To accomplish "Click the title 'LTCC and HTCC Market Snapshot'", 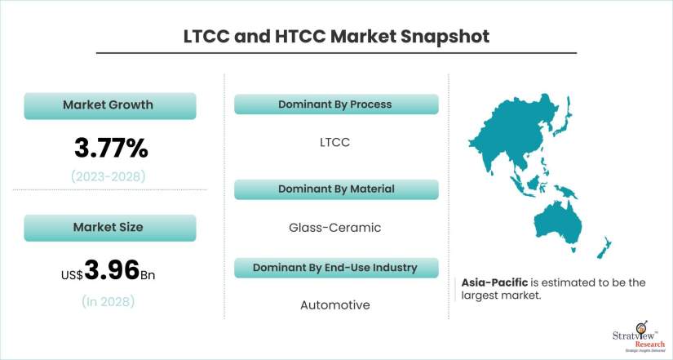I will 336,38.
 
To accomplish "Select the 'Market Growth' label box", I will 108,105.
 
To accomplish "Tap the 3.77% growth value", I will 111,148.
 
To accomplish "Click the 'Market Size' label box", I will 108,227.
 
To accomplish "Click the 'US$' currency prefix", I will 72,275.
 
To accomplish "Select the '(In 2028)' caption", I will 108,301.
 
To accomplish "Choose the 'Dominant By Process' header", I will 334,104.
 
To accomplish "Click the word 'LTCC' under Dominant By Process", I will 334,142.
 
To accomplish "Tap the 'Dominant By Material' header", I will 334,189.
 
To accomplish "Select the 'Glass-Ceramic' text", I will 334,228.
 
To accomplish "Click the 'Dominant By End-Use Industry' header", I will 334,268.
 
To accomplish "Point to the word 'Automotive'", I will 334,305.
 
